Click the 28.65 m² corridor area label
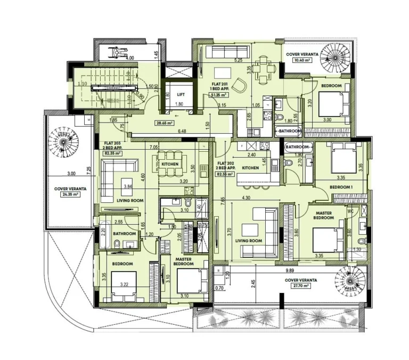pyautogui.click(x=162, y=122)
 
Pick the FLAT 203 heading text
pyautogui.click(x=112, y=143)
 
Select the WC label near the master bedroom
pyautogui.click(x=350, y=211)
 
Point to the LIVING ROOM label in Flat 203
pyautogui.click(x=130, y=200)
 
